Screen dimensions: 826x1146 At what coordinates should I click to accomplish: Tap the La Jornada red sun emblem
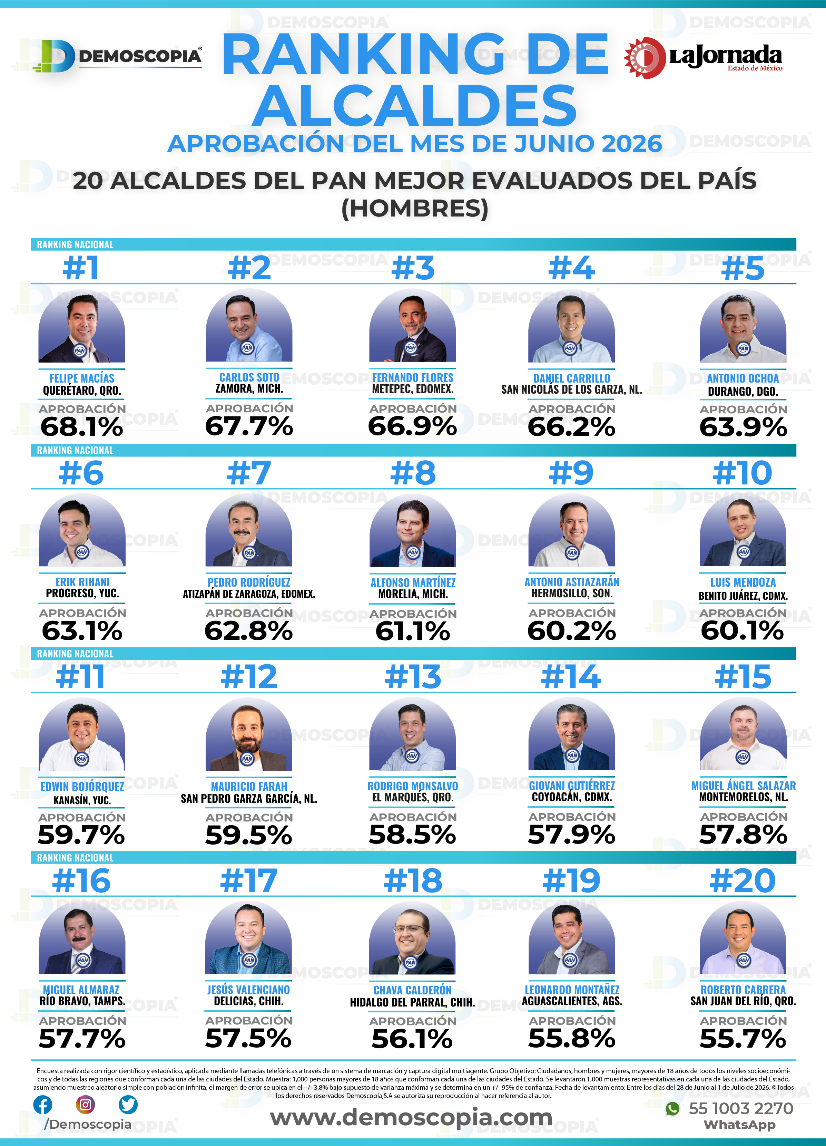click(x=645, y=58)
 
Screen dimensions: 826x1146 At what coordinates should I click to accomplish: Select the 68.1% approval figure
click(x=82, y=427)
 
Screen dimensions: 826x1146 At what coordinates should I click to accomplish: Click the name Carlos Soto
click(x=249, y=377)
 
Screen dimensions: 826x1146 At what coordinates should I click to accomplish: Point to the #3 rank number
click(x=413, y=268)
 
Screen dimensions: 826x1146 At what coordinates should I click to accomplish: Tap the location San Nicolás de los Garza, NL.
click(x=571, y=389)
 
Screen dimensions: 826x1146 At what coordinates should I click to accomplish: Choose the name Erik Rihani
click(x=82, y=582)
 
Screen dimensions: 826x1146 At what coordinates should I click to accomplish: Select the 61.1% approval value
click(x=413, y=632)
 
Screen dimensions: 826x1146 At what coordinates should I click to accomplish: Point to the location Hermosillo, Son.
click(x=571, y=593)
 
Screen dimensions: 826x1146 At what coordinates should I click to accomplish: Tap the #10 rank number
click(x=743, y=473)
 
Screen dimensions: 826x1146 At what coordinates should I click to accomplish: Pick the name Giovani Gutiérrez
click(x=571, y=786)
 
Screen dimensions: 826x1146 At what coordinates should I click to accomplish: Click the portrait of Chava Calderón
click(x=413, y=938)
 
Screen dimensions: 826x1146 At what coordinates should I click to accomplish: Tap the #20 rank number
click(x=743, y=881)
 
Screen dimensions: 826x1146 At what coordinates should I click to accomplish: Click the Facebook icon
click(x=43, y=1105)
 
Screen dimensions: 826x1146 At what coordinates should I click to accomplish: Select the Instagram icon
click(x=85, y=1105)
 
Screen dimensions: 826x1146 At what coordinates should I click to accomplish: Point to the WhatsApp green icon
click(x=672, y=1109)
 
